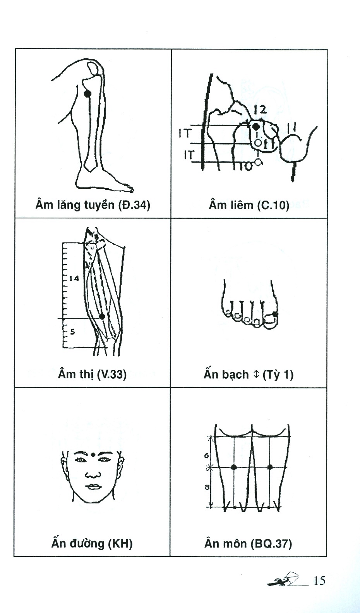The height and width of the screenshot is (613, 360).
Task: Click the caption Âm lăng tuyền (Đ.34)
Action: point(93,204)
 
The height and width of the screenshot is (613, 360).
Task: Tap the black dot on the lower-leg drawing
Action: point(87,93)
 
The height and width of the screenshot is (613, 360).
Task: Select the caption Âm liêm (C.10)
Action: point(249,205)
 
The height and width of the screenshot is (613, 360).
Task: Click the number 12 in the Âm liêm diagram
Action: point(260,110)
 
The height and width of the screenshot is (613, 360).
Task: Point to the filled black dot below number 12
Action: point(255,127)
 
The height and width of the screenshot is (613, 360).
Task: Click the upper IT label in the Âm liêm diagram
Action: point(185,134)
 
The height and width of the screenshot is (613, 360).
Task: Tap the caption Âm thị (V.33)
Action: point(92,374)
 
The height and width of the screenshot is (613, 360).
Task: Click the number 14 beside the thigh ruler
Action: point(75,278)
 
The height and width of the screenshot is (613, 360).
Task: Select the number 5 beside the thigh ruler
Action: point(72,332)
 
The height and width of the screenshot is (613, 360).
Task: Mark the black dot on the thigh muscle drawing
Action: point(102,316)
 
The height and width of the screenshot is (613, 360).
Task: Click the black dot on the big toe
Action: point(275,313)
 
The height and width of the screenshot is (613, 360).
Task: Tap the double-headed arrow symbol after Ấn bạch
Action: point(255,374)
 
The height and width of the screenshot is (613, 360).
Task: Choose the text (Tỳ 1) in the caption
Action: point(278,375)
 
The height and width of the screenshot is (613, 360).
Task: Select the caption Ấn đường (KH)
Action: point(92,543)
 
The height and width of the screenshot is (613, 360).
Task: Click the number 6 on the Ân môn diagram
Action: point(207,456)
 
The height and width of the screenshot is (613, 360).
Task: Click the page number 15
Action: point(320,581)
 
